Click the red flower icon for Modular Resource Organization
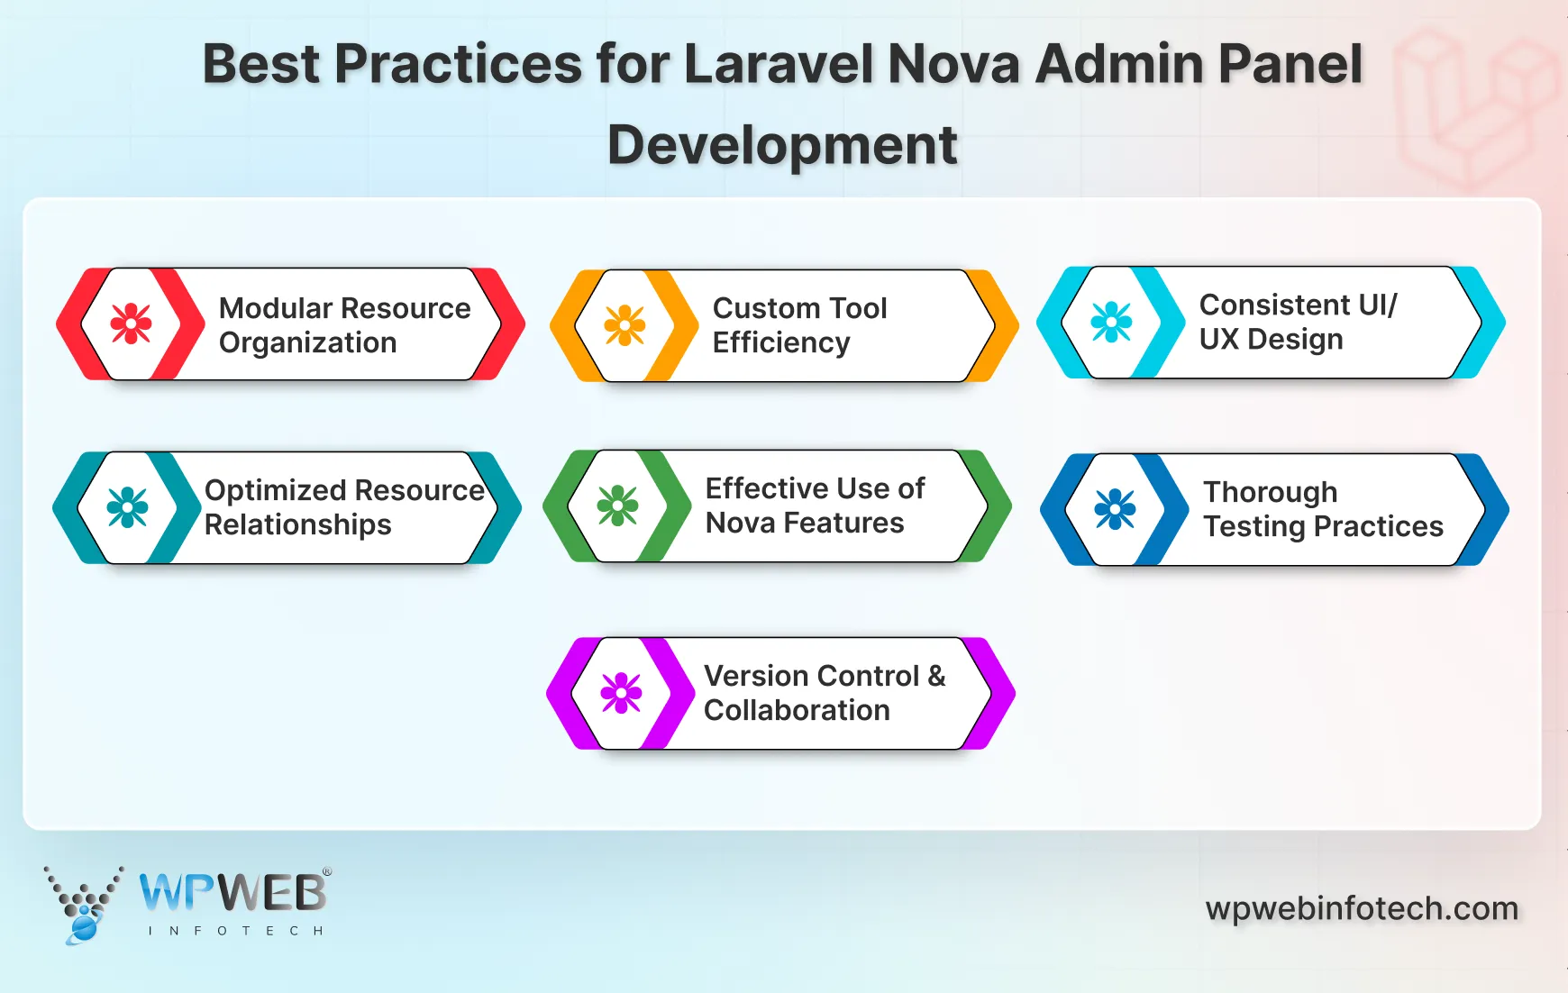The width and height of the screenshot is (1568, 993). [131, 323]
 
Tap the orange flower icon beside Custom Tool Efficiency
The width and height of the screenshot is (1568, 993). [624, 325]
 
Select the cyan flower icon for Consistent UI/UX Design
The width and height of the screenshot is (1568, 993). [1111, 322]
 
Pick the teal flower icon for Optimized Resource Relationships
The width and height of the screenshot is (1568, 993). [127, 507]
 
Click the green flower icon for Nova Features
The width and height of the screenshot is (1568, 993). [617, 506]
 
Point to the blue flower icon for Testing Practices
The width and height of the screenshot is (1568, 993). [1115, 509]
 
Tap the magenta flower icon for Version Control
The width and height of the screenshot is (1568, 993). [621, 693]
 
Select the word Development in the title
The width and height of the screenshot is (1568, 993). [781, 144]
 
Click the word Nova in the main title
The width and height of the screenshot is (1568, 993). [953, 64]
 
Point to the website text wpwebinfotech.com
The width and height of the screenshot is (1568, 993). [1362, 908]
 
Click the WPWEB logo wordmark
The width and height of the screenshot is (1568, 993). [232, 893]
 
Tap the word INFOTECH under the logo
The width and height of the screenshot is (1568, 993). [234, 931]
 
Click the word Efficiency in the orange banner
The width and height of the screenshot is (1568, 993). [780, 342]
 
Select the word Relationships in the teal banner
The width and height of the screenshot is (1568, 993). [297, 524]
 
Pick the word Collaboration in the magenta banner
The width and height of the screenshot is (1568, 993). [796, 710]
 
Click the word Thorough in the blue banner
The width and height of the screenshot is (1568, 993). [1270, 492]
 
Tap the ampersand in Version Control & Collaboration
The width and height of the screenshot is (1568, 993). [935, 676]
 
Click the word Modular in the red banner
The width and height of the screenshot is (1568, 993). [277, 308]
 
